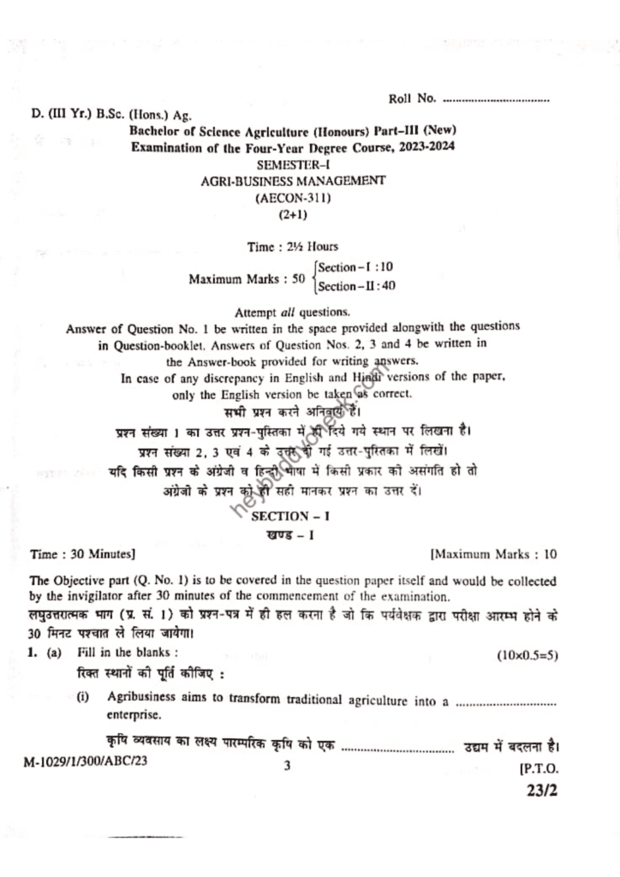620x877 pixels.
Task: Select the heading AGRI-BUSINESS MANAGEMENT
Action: click(x=293, y=180)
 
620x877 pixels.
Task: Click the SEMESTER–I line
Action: click(x=293, y=164)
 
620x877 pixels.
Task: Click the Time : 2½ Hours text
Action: click(x=293, y=247)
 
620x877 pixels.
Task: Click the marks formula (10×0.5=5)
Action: click(x=528, y=655)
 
